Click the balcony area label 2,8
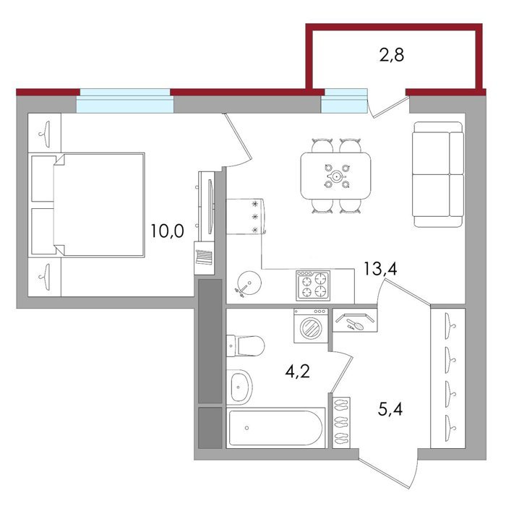coord(392,55)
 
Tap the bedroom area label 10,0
coord(167,231)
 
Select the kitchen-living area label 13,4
coord(380,268)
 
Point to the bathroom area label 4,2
coord(297,371)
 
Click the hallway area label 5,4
coord(390,410)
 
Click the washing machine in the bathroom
coord(311,325)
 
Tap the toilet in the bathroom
coord(245,346)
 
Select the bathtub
coord(275,428)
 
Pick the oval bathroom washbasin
coord(239,387)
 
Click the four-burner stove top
coord(313,286)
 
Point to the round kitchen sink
coord(249,283)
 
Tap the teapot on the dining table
coord(336,176)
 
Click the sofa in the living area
coord(438,174)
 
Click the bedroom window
coord(125,100)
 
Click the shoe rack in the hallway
coord(341,422)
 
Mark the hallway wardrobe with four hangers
coord(448,378)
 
